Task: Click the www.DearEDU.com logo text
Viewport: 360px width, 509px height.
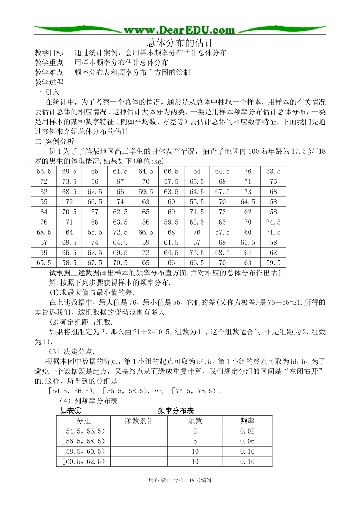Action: coord(179,30)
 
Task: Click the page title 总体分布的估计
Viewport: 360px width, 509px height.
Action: coord(180,42)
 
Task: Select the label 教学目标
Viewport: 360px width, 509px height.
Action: coord(49,53)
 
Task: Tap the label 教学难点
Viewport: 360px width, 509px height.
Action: coord(49,72)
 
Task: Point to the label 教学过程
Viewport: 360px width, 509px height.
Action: coord(49,82)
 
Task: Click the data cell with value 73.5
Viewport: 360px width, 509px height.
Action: coord(69,181)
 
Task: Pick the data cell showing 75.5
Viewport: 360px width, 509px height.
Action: coord(197,253)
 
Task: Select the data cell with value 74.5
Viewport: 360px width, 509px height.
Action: coord(273,222)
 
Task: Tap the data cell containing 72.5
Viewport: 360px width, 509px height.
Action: coord(120,232)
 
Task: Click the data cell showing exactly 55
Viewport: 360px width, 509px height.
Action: coord(44,202)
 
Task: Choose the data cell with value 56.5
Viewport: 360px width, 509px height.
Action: coord(44,171)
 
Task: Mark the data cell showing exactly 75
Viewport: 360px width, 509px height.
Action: coord(273,181)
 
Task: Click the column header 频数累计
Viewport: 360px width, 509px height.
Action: coord(139,421)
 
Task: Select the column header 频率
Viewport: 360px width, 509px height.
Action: coord(247,421)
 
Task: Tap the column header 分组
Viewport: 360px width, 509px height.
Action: coord(83,421)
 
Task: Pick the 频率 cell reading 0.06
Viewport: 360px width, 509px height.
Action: coord(247,441)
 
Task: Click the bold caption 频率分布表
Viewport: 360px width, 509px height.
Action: coord(175,411)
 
